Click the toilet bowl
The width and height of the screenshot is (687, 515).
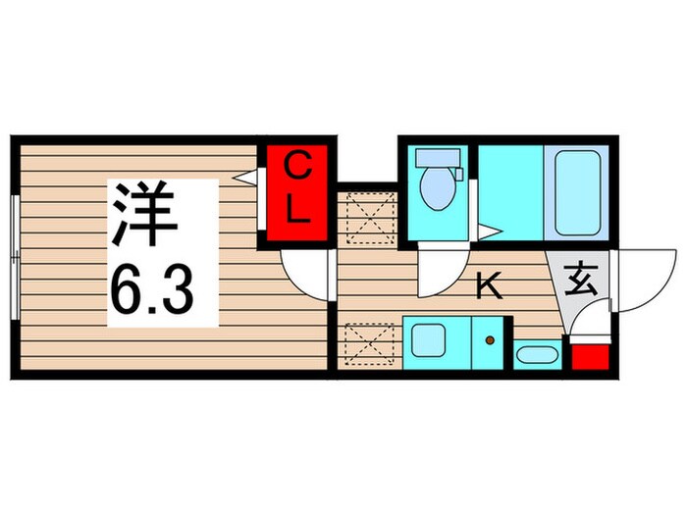point(435,187)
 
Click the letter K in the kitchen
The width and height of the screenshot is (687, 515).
point(488,286)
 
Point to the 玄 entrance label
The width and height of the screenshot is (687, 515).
point(581,282)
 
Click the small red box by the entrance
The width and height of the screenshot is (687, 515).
point(589,356)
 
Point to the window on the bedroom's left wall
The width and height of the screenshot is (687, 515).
point(14,256)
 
